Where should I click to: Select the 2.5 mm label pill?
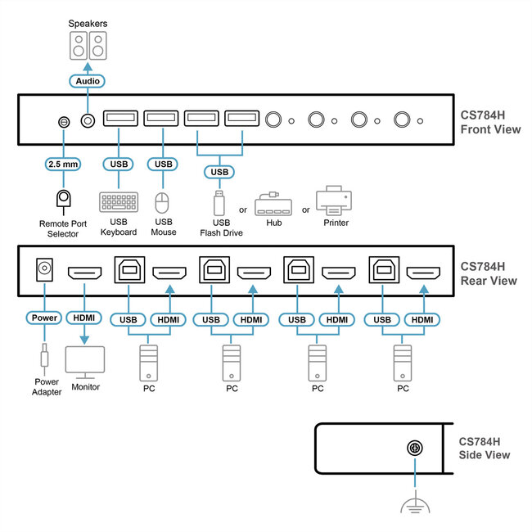pyautogui.click(x=63, y=164)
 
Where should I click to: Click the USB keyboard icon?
pyautogui.click(x=119, y=202)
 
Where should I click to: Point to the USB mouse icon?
pyautogui.click(x=162, y=203)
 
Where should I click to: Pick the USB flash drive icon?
pyautogui.click(x=219, y=202)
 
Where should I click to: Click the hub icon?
pyautogui.click(x=273, y=203)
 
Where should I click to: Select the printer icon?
pyautogui.click(x=334, y=200)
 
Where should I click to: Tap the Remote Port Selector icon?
pyautogui.click(x=63, y=200)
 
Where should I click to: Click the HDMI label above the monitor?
pyautogui.click(x=85, y=318)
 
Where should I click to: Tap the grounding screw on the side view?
pyautogui.click(x=415, y=448)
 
